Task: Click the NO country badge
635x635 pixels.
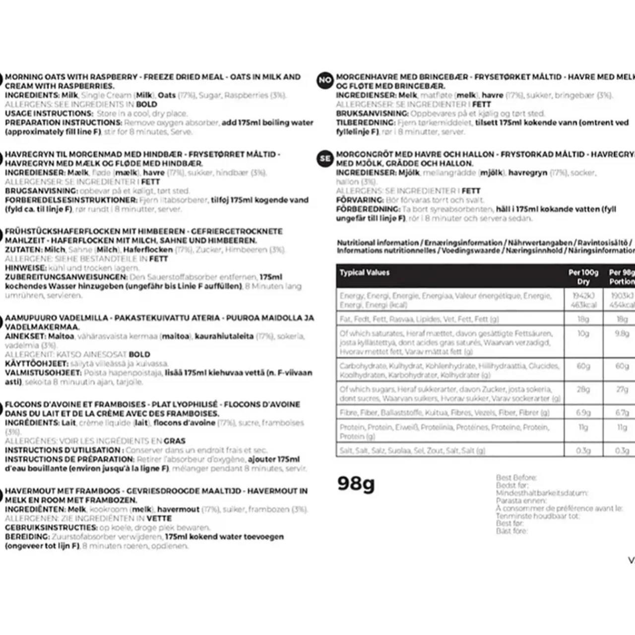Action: [x=324, y=80]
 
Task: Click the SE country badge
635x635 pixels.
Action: [x=324, y=158]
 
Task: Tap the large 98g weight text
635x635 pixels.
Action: [x=356, y=483]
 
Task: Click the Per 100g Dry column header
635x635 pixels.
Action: [x=583, y=277]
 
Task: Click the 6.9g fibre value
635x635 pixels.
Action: [x=583, y=413]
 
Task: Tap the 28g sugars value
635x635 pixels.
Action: [x=583, y=389]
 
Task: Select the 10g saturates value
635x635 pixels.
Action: [x=583, y=333]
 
